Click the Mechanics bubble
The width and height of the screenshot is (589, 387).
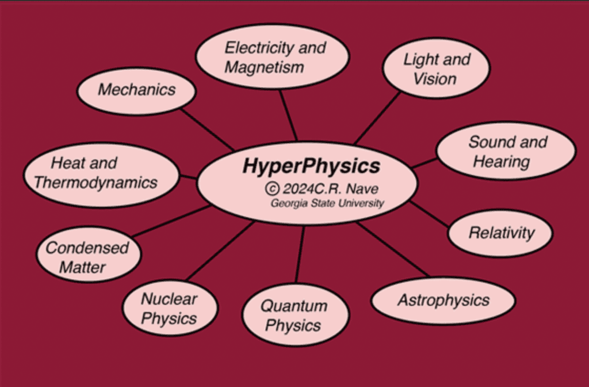136,90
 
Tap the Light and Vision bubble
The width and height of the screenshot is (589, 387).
436,69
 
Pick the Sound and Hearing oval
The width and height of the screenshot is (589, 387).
506,151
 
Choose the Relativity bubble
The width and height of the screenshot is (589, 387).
500,233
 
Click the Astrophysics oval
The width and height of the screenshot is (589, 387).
443,300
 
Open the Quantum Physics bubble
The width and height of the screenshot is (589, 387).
294,315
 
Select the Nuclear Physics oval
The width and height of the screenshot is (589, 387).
170,308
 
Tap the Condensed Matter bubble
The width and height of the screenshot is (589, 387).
87,257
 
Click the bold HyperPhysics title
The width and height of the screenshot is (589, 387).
311,166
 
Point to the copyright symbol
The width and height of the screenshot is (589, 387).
272,188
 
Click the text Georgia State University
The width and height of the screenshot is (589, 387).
327,203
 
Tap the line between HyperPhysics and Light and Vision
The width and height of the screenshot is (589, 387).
377,117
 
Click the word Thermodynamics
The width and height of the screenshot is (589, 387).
95,183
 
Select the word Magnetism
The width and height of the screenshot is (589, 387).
264,67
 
